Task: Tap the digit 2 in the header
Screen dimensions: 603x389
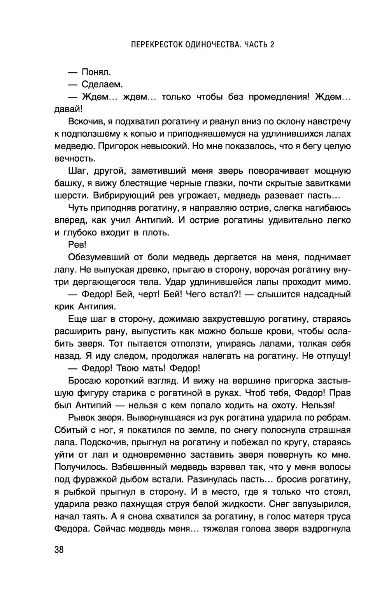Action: pyautogui.click(x=272, y=44)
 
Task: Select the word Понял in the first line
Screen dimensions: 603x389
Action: pyautogui.click(x=96, y=72)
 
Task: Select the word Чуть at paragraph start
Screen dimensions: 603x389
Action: pyautogui.click(x=77, y=208)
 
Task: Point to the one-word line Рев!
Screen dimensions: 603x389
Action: pyautogui.click(x=76, y=245)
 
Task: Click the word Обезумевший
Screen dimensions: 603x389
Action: pyautogui.click(x=99, y=257)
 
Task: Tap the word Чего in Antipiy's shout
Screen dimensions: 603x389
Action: pyautogui.click(x=198, y=294)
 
